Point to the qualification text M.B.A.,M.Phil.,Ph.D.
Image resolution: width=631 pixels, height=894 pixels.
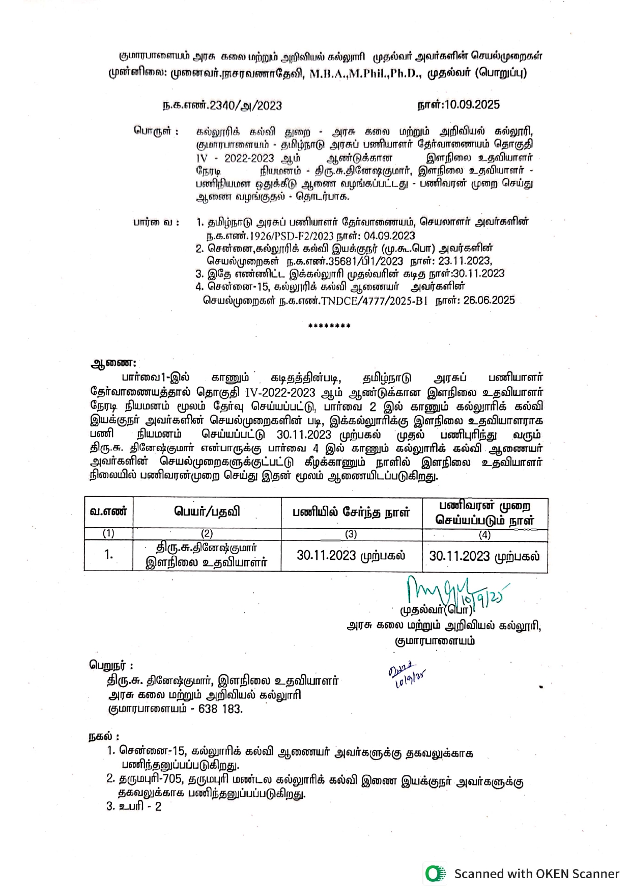tap(365, 73)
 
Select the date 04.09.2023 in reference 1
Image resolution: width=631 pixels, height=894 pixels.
tap(389, 236)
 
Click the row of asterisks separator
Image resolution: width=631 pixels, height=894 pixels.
tap(329, 327)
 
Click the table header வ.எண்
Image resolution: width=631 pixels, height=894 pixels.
tap(108, 512)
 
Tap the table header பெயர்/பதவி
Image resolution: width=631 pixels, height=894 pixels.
tap(207, 512)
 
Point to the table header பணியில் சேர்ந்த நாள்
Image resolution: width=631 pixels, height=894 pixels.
tap(351, 512)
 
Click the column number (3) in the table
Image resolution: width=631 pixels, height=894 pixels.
tap(351, 534)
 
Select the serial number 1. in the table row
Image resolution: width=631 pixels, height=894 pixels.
tap(108, 555)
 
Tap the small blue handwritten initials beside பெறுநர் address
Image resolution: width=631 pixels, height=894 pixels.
tap(407, 675)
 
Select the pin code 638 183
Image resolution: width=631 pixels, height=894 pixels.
tap(220, 709)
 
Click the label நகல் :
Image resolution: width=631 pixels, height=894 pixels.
tap(104, 737)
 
